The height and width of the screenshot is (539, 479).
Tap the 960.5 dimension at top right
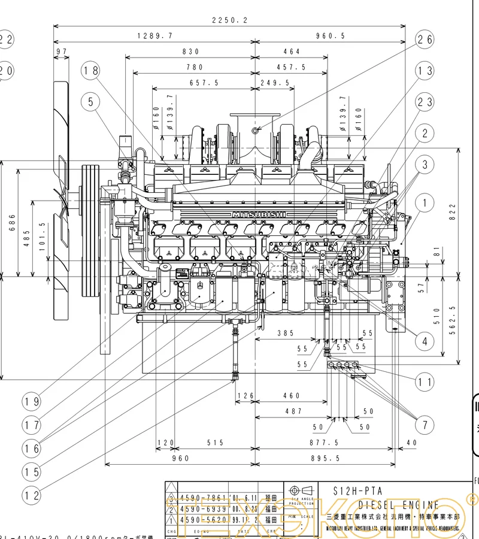tap(330, 36)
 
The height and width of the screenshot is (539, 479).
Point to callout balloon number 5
tap(91, 102)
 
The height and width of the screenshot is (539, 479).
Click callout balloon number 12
tap(32, 495)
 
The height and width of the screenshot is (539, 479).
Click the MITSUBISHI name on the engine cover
tap(259, 214)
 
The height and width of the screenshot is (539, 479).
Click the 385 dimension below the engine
tap(285, 332)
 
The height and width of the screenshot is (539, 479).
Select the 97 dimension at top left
tap(61, 52)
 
